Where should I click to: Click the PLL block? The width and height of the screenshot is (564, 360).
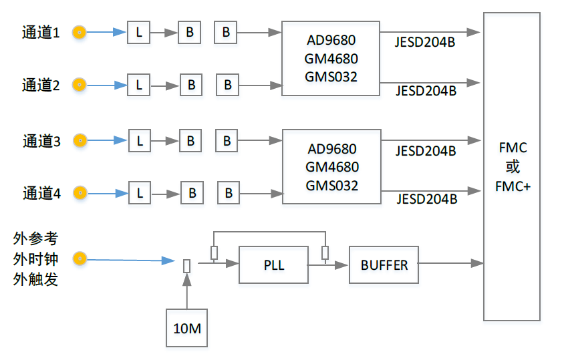pyautogui.click(x=273, y=264)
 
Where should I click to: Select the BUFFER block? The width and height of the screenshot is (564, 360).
pyautogui.click(x=384, y=264)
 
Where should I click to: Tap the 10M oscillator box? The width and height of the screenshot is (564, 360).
pyautogui.click(x=186, y=328)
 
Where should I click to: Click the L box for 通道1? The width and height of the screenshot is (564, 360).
pyautogui.click(x=138, y=32)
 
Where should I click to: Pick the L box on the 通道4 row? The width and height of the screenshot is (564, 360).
pyautogui.click(x=140, y=193)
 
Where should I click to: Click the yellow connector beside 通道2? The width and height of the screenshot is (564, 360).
pyautogui.click(x=79, y=85)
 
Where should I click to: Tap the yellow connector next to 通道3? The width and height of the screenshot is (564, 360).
pyautogui.click(x=80, y=140)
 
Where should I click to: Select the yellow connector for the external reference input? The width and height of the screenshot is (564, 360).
pyautogui.click(x=80, y=258)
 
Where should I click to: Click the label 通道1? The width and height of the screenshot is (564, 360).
pyautogui.click(x=41, y=33)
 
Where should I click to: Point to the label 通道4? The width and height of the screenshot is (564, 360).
pyautogui.click(x=41, y=194)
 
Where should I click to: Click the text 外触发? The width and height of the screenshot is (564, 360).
pyautogui.click(x=35, y=279)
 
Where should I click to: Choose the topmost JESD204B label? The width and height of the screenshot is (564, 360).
pyautogui.click(x=425, y=42)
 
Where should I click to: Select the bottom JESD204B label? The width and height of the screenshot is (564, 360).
pyautogui.click(x=426, y=199)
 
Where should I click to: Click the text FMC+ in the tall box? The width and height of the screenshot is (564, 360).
pyautogui.click(x=513, y=186)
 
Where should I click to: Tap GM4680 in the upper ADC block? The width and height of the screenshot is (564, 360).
pyautogui.click(x=331, y=59)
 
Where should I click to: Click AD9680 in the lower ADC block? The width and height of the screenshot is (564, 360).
pyautogui.click(x=331, y=149)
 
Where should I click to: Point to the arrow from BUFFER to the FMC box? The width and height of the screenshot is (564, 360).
pyautogui.click(x=451, y=263)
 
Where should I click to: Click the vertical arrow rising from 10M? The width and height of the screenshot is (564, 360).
pyautogui.click(x=186, y=291)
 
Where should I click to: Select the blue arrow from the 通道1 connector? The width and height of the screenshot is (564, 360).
pyautogui.click(x=106, y=32)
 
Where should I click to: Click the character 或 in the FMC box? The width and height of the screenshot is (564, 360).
pyautogui.click(x=513, y=167)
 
